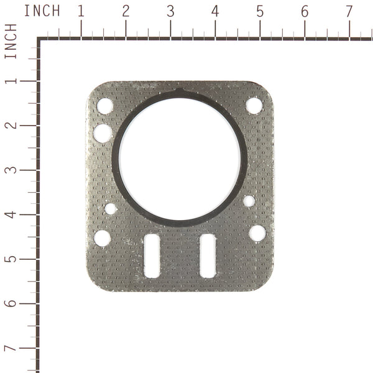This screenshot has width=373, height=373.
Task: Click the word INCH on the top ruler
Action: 42,11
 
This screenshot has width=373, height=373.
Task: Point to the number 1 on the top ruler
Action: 81,11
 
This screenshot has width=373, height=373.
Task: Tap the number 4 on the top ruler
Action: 215,11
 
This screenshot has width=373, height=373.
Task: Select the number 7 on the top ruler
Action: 349,11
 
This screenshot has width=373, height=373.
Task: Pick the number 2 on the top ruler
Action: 126,11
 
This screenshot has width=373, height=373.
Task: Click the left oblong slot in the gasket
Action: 152,256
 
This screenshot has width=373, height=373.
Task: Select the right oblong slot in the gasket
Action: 208,256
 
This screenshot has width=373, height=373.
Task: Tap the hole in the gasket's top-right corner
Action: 254,106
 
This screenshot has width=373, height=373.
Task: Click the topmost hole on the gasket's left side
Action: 105,106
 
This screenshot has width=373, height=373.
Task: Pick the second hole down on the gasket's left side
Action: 103,133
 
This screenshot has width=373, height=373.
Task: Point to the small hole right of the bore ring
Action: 249,201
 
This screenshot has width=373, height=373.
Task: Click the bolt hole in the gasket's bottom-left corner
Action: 102,238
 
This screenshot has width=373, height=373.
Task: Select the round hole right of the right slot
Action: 257,233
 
